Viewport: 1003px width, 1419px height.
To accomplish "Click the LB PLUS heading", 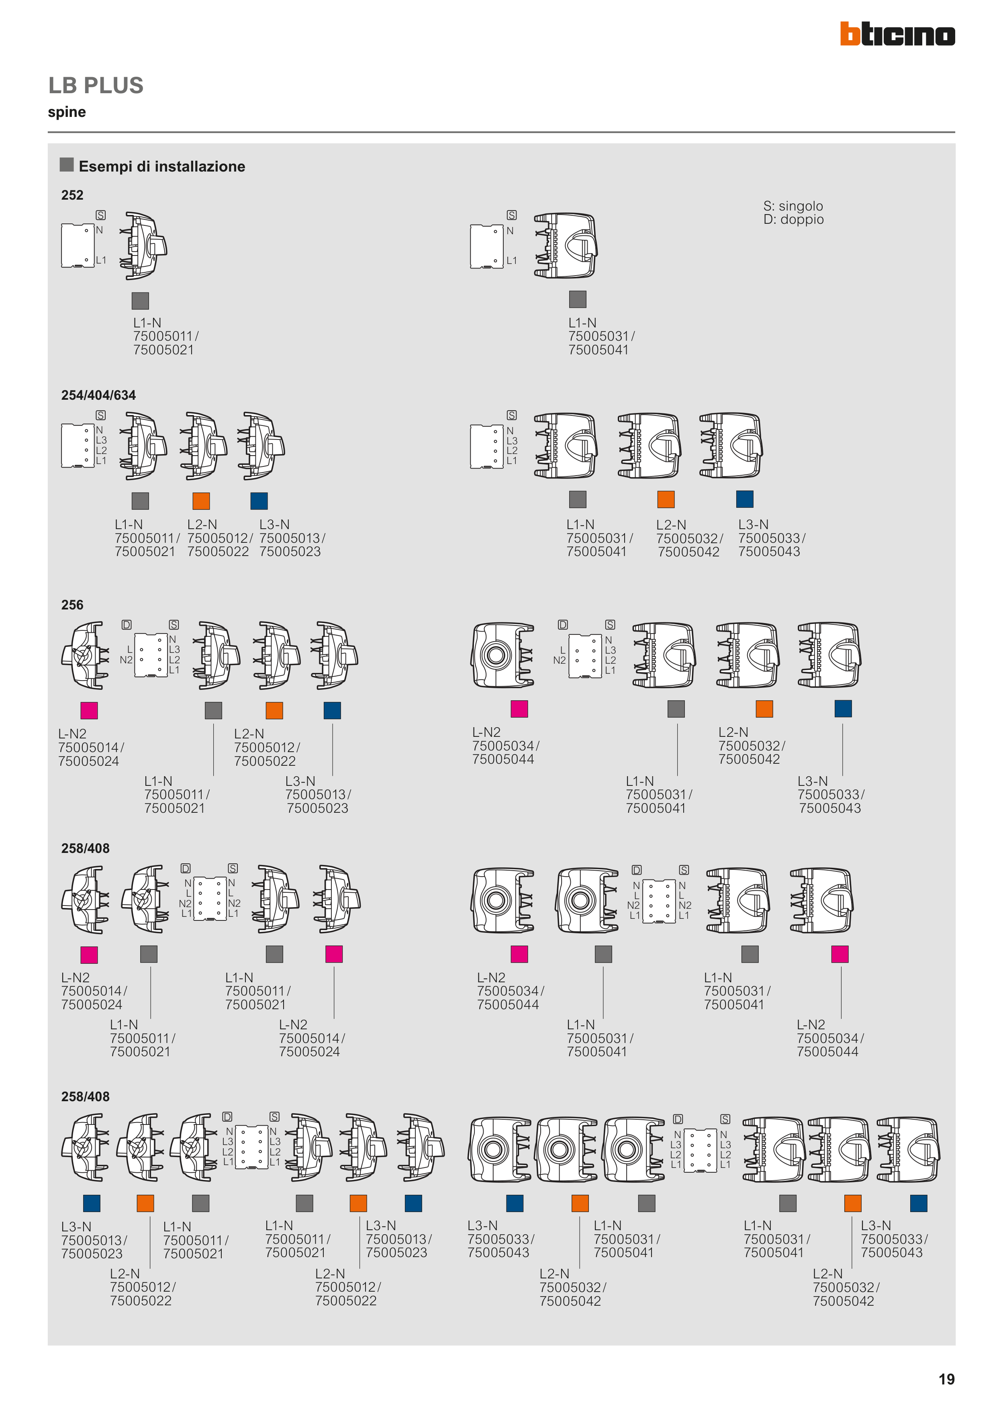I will [96, 85].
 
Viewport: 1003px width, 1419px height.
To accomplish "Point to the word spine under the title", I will [67, 112].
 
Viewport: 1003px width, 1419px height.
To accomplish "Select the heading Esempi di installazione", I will [162, 166].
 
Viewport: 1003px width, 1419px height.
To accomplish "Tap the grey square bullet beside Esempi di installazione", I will [67, 164].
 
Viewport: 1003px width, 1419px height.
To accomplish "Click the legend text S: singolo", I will [793, 206].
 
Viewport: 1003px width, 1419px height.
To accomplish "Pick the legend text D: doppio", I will [793, 219].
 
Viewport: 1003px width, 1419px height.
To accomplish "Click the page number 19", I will [946, 1379].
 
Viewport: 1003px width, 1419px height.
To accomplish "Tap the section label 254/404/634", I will [98, 395].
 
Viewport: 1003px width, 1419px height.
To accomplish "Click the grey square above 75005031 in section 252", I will [577, 299].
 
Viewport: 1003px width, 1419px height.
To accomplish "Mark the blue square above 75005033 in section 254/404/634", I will [745, 499].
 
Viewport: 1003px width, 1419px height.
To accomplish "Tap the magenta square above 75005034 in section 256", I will [519, 709].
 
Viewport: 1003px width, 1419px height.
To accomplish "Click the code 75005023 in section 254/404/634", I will [290, 551].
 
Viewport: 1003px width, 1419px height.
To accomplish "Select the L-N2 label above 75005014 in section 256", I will [72, 734].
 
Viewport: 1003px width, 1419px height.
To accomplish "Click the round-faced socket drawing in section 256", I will [503, 655].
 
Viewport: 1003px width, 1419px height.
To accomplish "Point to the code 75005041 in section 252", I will [598, 350].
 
